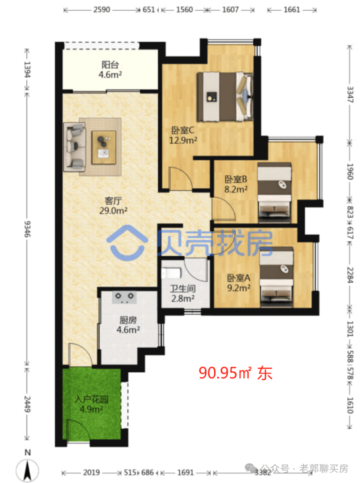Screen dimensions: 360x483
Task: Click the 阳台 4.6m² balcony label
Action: click(110, 70)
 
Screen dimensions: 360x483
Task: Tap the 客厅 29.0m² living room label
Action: click(113, 206)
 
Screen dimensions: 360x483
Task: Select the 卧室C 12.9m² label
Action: click(183, 135)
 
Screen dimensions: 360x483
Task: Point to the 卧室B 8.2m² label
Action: click(236, 184)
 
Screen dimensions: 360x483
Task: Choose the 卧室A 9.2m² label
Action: click(238, 283)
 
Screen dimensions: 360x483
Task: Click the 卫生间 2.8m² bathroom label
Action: click(183, 294)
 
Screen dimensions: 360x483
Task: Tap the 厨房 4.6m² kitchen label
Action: click(128, 325)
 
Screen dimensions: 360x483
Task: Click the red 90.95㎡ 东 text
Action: click(235, 373)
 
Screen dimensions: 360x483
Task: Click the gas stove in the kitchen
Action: click(125, 298)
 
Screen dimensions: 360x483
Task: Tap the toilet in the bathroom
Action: click(171, 273)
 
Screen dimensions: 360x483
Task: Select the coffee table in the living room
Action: click(104, 147)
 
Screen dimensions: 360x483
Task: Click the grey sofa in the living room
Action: click(74, 147)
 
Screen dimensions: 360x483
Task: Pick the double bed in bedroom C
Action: click(225, 97)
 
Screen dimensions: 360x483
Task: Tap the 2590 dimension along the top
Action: click(102, 10)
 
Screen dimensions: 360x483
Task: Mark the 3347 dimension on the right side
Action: click(350, 94)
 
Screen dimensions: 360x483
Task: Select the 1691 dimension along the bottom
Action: click(185, 472)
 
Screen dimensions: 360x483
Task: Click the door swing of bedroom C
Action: click(181, 178)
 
